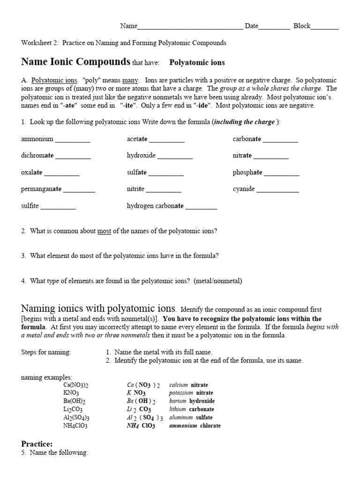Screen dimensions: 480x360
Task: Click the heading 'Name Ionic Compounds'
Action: (75, 62)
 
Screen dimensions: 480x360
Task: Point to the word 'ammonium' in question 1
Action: (37, 139)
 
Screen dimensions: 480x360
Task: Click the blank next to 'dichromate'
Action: (73, 156)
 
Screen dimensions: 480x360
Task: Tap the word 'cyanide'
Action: (244, 189)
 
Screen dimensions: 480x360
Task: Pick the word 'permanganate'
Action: (41, 189)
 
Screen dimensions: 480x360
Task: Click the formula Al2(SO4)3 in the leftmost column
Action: (76, 418)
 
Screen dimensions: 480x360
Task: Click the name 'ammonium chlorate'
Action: (195, 426)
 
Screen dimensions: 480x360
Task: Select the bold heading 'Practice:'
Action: (37, 443)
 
